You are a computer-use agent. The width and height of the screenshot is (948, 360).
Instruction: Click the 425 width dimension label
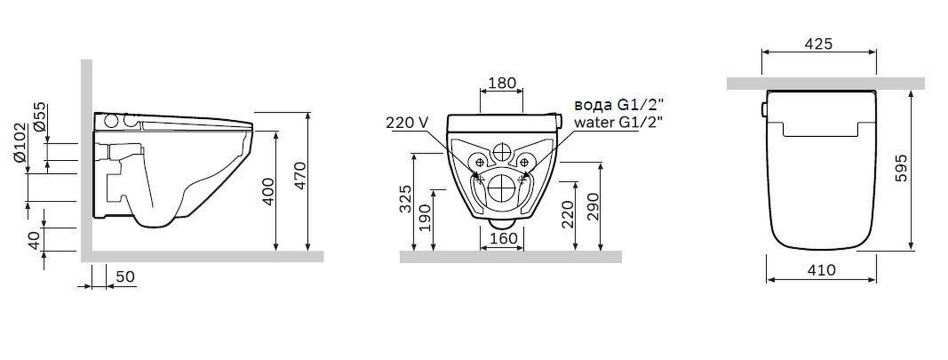click(x=818, y=44)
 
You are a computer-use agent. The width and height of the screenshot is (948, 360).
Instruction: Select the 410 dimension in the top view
click(x=821, y=270)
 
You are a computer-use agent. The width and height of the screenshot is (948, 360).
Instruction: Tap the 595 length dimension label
click(x=901, y=168)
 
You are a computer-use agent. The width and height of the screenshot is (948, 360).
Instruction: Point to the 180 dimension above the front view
click(x=502, y=83)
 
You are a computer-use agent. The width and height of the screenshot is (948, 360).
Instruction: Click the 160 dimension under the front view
click(x=503, y=238)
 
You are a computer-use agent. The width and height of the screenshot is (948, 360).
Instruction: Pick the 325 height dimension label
click(x=405, y=198)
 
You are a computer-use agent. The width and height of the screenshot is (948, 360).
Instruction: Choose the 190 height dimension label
click(x=425, y=218)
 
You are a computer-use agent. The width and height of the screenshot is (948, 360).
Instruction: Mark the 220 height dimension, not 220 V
click(x=568, y=214)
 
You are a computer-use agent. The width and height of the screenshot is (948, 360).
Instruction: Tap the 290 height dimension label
click(x=593, y=207)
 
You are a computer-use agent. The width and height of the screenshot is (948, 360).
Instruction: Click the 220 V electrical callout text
click(x=407, y=122)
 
